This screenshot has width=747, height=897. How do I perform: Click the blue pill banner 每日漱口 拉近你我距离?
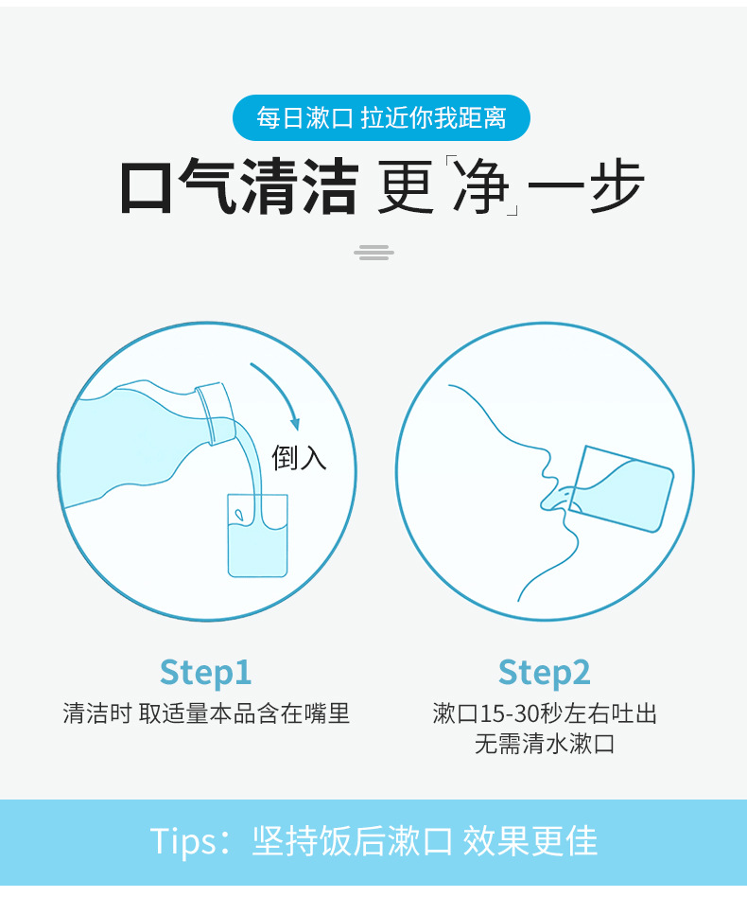(x=381, y=118)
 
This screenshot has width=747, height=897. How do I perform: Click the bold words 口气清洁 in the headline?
(x=239, y=186)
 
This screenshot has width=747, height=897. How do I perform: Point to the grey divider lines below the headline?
(x=373, y=253)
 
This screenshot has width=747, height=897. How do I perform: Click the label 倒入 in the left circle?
(x=299, y=458)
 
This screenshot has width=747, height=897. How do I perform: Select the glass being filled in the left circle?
(x=257, y=536)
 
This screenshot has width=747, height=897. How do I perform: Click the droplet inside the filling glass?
(x=239, y=515)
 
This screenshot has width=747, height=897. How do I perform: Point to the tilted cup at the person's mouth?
(x=622, y=488)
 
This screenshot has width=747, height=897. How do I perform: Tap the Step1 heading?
(x=206, y=673)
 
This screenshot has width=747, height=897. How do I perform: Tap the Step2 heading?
(x=544, y=673)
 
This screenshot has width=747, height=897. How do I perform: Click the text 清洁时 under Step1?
(x=97, y=713)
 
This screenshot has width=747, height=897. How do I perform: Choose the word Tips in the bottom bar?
(x=183, y=842)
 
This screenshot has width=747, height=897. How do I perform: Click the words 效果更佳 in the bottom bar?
(x=530, y=841)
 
